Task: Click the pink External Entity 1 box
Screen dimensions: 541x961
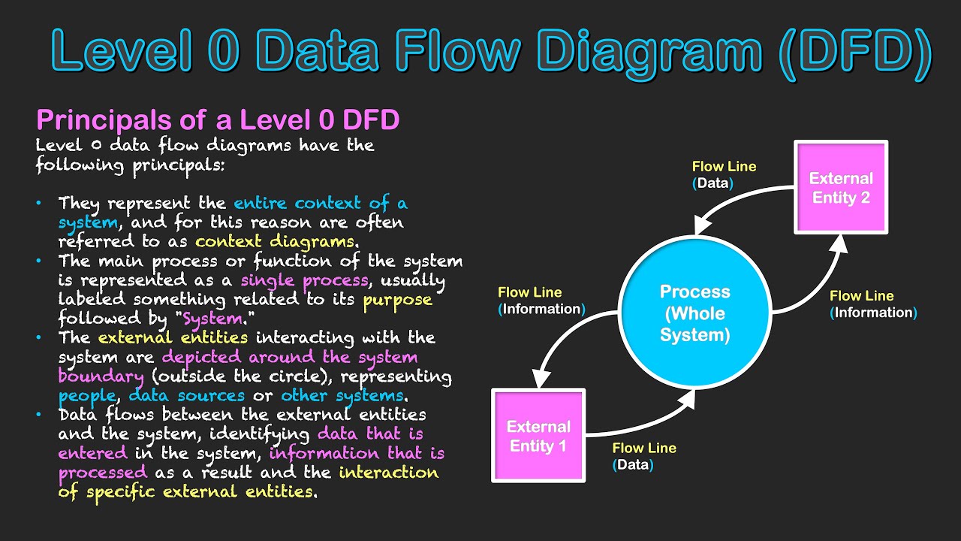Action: coord(538,436)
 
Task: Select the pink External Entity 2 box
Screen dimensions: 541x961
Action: coord(841,188)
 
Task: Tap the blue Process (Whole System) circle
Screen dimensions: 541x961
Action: coord(694,313)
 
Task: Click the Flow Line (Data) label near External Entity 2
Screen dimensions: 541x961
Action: coord(723,174)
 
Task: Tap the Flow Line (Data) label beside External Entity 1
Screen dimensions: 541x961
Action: coord(643,456)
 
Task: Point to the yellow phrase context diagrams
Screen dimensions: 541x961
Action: coord(274,242)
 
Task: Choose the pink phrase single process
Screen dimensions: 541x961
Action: coord(304,280)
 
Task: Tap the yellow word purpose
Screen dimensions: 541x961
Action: coord(397,299)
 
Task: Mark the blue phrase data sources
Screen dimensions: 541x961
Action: coord(186,395)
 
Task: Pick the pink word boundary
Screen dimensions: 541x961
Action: coord(101,376)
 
